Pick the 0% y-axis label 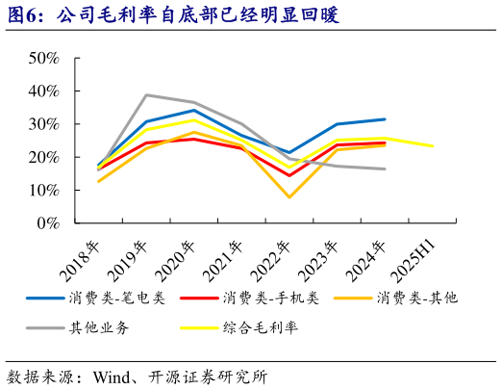49,223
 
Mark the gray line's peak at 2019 145,94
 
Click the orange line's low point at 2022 289,197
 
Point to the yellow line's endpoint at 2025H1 432,146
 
